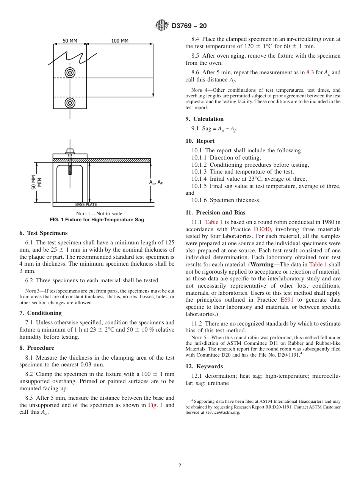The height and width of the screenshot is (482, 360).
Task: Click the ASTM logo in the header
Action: point(162,26)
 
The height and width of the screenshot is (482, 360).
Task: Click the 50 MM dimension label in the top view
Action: point(70,41)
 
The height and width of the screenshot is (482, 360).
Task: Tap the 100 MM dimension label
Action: point(120,41)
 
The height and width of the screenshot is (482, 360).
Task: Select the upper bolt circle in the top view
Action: point(70,72)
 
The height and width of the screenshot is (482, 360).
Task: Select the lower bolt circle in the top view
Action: point(70,102)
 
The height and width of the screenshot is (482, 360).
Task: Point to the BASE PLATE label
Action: point(86,205)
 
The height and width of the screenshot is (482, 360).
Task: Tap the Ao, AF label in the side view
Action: point(156,182)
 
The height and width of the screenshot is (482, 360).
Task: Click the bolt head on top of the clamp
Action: point(70,151)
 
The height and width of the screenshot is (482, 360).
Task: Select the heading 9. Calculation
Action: point(205,119)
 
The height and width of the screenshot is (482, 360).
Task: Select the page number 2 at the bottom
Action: point(180,466)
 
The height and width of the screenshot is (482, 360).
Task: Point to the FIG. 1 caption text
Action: point(97,220)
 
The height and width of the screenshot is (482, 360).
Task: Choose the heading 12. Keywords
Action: point(204,366)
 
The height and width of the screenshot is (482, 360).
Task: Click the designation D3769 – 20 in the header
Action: point(189,26)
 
